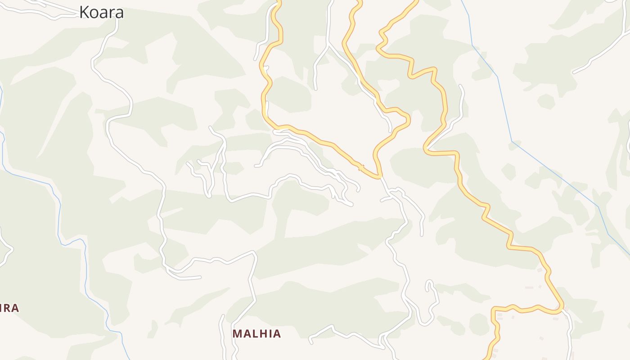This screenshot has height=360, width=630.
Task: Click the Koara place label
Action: pos(101,12)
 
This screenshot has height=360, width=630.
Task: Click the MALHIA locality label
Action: pos(256,333)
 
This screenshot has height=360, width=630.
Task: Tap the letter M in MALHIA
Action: pos(238,333)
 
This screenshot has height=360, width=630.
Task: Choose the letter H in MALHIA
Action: pos(262,333)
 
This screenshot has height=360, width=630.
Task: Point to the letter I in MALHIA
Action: pos(269,333)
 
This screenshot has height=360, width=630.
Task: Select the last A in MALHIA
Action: pos(276,333)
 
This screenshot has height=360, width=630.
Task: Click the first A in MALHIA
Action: pos(246,333)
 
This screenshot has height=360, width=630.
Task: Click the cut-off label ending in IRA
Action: pos(9,308)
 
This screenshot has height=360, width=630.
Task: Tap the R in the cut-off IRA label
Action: pos(7,308)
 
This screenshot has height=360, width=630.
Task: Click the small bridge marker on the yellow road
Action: pos(360,168)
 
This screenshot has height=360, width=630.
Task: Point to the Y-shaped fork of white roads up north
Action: pos(329,45)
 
